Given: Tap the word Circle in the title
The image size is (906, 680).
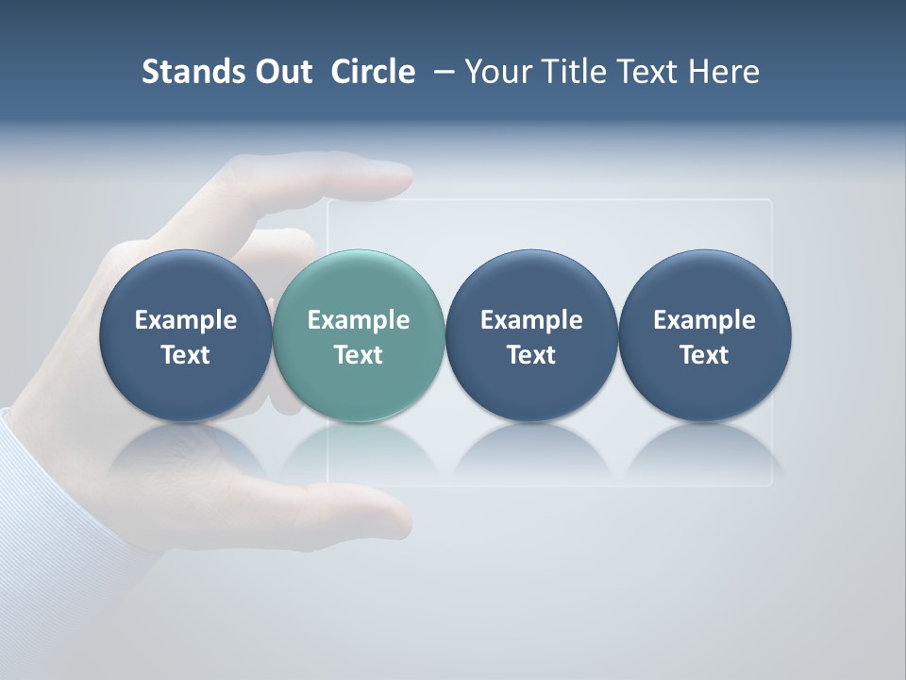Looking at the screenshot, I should pos(373,72).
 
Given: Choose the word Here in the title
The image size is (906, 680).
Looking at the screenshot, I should pos(724,72).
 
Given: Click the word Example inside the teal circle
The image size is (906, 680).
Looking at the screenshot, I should pos(359,320).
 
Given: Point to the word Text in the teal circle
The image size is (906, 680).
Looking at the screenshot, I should pos(359,355).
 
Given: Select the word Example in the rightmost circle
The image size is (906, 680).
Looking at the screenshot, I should pos(704,320).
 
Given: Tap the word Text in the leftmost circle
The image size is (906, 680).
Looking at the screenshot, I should pos(185,355).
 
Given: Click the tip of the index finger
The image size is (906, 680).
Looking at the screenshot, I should pos(401,175).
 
